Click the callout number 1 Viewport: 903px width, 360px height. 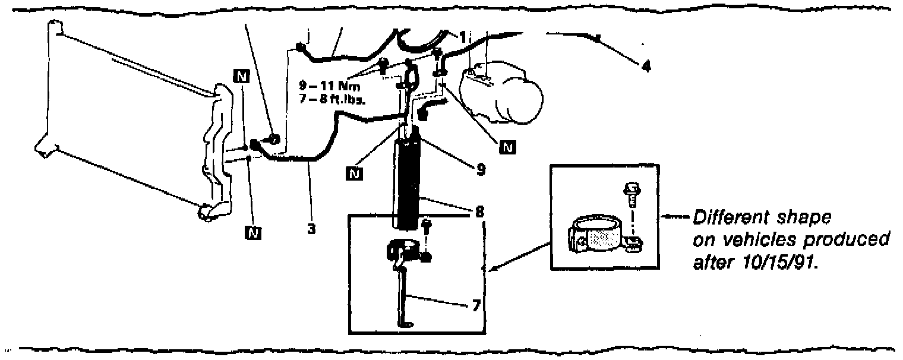coord(461,35)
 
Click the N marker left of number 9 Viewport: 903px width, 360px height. coord(355,173)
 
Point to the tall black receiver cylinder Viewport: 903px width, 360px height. coord(408,184)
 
